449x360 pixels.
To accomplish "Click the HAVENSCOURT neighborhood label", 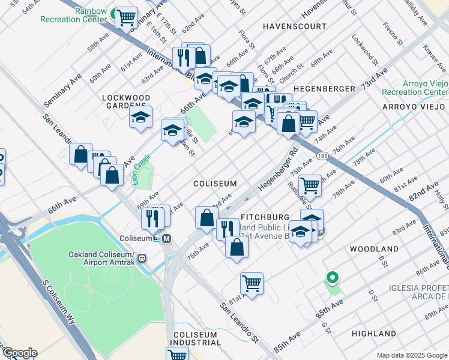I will click(295, 26).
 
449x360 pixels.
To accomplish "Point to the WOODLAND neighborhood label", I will click(374, 248).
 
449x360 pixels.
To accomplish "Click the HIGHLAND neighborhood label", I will click(374, 334).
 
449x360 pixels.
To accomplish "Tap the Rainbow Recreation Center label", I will click(74, 15).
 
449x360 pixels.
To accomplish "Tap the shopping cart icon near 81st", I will click(252, 283).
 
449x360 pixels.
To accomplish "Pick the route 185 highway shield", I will click(322, 156).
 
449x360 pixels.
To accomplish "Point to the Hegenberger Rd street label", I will click(278, 170).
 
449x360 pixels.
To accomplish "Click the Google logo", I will click(19, 353).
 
